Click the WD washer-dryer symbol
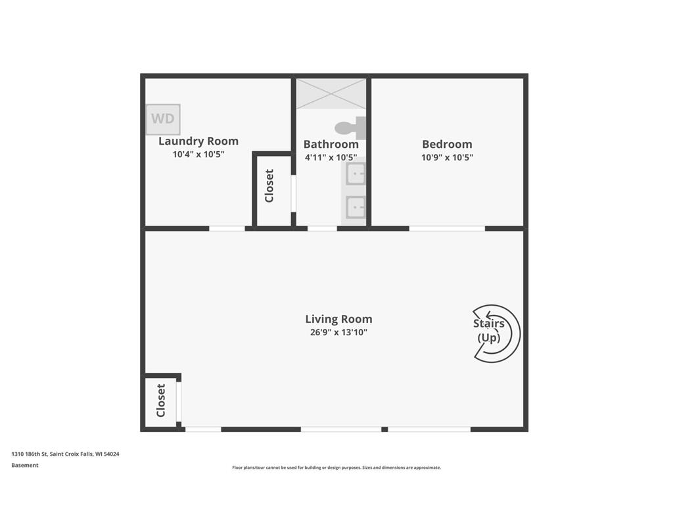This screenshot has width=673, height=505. click(163, 119)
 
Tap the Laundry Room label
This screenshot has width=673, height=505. click(198, 141)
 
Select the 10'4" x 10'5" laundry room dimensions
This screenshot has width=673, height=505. click(198, 154)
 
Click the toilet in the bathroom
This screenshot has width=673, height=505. click(350, 128)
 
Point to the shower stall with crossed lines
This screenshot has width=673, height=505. click(331, 93)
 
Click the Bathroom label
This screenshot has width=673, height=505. click(331, 144)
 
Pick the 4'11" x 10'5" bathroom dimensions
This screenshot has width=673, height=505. click(331, 158)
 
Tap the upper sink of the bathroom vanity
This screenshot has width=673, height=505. click(356, 174)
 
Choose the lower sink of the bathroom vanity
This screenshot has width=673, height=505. click(356, 207)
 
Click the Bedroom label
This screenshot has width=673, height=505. click(447, 144)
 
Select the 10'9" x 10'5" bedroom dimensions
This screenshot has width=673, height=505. click(447, 158)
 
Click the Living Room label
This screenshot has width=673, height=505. click(338, 319)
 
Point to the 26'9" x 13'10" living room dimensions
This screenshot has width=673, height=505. click(338, 332)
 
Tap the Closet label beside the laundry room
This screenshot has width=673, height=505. click(269, 185)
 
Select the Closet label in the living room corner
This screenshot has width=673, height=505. click(160, 400)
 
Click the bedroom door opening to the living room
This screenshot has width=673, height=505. click(447, 228)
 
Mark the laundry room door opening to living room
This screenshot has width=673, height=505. click(227, 228)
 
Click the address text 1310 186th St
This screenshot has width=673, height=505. click(30, 454)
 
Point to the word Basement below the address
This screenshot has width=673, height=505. click(25, 465)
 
